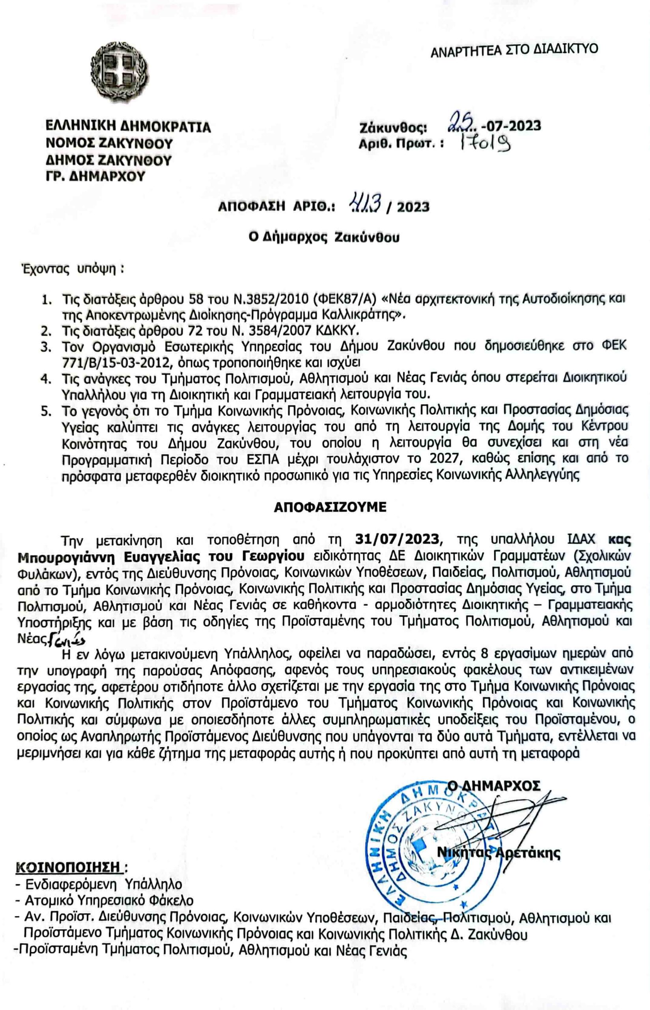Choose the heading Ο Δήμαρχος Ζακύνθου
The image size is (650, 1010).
click(x=324, y=238)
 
